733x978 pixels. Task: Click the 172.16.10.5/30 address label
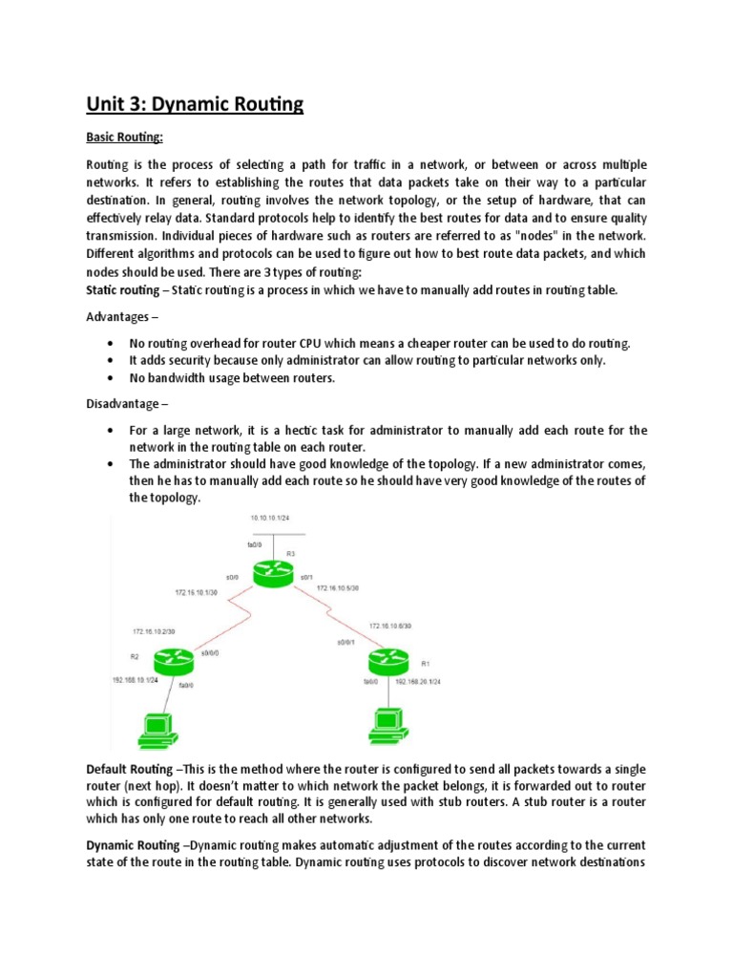(x=338, y=588)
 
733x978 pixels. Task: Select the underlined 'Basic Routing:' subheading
(x=125, y=138)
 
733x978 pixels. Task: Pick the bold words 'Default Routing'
(x=132, y=769)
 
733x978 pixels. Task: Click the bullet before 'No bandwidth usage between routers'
(x=113, y=377)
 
